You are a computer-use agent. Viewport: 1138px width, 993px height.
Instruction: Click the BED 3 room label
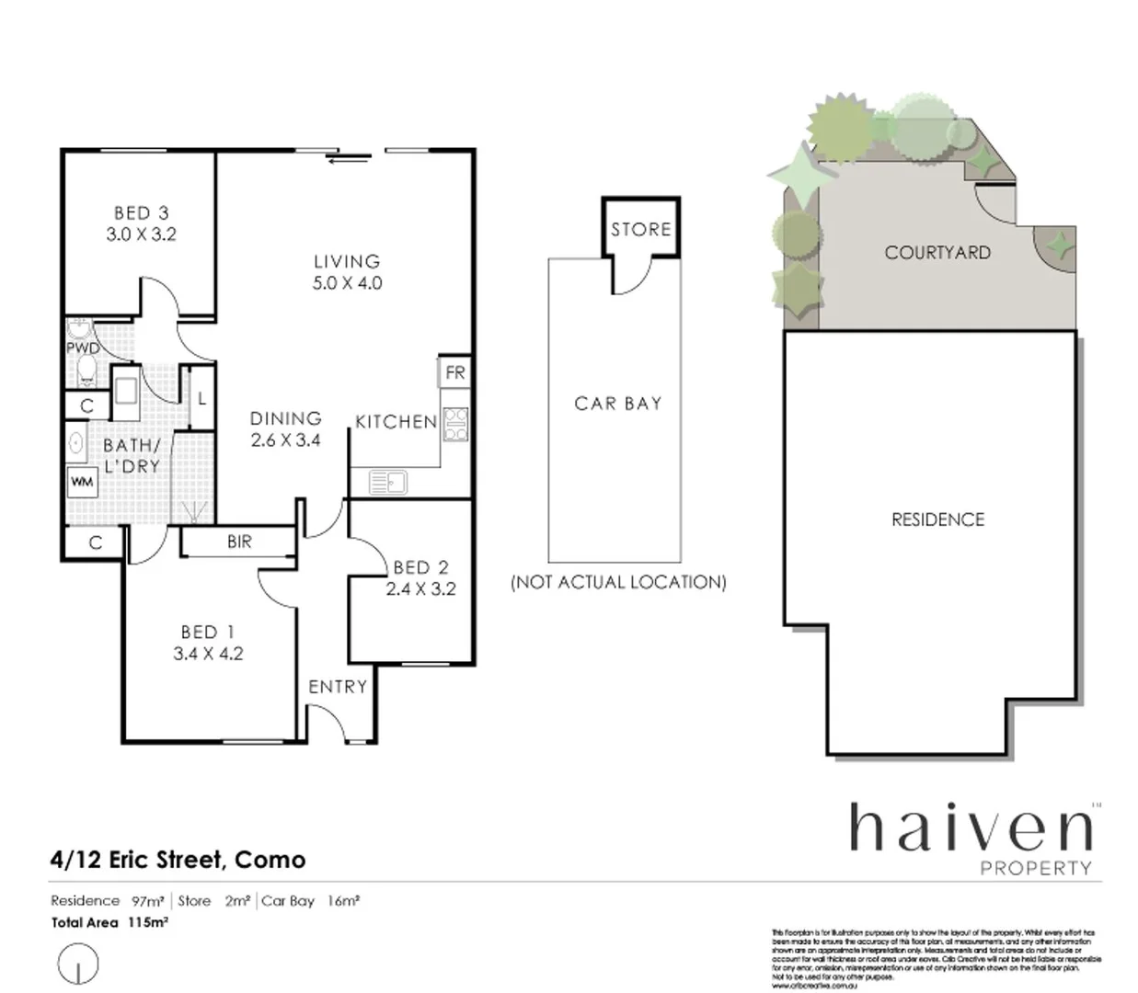pyautogui.click(x=141, y=213)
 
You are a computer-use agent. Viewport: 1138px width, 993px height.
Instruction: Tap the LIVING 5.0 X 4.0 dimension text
pyautogui.click(x=347, y=283)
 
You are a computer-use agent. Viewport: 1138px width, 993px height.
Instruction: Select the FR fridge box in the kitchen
pyautogui.click(x=454, y=372)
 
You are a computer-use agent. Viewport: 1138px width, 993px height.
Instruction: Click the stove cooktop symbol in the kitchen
pyautogui.click(x=455, y=424)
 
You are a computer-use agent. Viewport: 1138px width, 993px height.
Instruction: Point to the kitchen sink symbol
pyautogui.click(x=387, y=481)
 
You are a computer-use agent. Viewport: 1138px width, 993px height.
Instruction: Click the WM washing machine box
pyautogui.click(x=82, y=482)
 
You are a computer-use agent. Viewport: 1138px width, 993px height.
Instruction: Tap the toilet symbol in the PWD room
pyautogui.click(x=86, y=370)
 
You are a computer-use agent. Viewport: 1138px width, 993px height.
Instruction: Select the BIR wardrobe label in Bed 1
pyautogui.click(x=239, y=542)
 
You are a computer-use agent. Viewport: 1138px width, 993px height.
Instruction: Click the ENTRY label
pyautogui.click(x=338, y=687)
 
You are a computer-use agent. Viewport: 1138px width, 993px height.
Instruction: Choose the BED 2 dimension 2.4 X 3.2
pyautogui.click(x=420, y=589)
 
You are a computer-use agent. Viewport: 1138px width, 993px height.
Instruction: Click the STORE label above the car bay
pyautogui.click(x=640, y=230)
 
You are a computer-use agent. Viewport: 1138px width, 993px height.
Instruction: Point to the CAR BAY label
pyautogui.click(x=617, y=403)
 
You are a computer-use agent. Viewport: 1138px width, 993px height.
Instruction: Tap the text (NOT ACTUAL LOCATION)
pyautogui.click(x=618, y=582)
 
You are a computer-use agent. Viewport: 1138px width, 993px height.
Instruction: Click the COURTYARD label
pyautogui.click(x=937, y=253)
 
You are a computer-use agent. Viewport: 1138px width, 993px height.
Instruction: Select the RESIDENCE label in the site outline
pyautogui.click(x=937, y=519)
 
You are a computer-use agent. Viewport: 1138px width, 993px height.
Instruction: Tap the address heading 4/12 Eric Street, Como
pyautogui.click(x=178, y=860)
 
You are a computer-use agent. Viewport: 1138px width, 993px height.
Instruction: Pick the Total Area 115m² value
pyautogui.click(x=147, y=922)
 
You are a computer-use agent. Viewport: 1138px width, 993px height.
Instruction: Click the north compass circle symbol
pyautogui.click(x=77, y=964)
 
